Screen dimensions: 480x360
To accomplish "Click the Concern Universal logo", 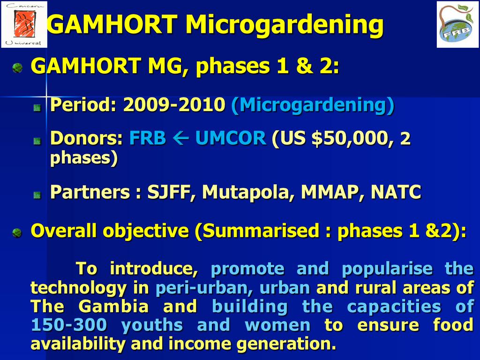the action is pos(24,24).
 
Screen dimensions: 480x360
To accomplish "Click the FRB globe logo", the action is pos(457,24).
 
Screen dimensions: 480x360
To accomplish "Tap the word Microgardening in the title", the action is pos(285,25).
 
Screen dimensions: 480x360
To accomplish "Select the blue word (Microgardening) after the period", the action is pos(313,105).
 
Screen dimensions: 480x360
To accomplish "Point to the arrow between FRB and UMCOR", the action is pos(180,138).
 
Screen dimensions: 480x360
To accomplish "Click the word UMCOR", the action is pos(231,138).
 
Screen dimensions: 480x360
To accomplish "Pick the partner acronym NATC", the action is pos(396,192).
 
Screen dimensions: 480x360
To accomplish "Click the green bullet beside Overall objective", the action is pos(17,233).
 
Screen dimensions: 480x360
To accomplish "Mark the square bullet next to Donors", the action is pos(37,141).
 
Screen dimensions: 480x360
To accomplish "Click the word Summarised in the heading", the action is pos(261,231).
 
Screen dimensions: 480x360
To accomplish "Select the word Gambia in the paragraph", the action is pos(113,307).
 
